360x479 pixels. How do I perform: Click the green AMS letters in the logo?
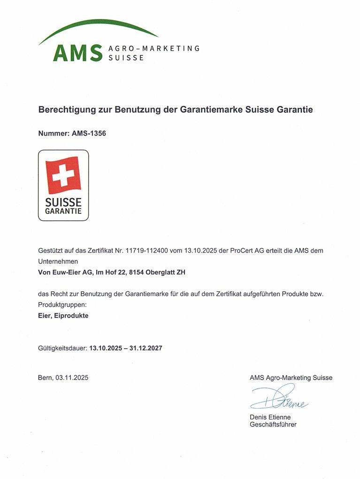tap(77, 53)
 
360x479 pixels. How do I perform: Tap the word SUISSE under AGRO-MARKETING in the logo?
tap(126, 58)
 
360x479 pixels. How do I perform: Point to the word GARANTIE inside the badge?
tap(63, 211)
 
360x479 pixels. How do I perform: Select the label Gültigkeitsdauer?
tap(62, 348)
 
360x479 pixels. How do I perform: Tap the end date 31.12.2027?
tap(146, 348)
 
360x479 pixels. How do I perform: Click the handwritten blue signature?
tap(279, 398)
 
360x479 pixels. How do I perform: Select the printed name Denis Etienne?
tap(270, 417)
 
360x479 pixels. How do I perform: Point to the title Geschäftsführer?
tap(273, 425)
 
